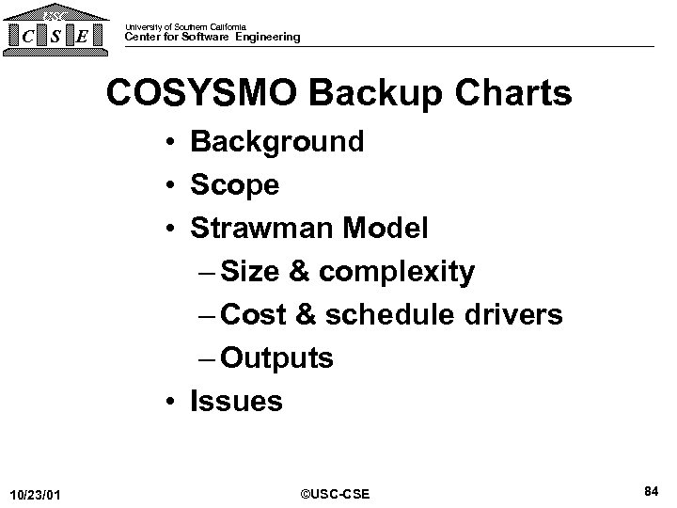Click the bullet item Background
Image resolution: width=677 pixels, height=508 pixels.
pos(276,143)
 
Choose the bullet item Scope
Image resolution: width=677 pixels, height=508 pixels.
pos(234,185)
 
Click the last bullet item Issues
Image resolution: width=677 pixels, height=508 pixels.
pos(236,402)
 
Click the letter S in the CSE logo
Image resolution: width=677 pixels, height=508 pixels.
pos(58,38)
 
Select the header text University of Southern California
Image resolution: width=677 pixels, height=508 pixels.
pos(185,26)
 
